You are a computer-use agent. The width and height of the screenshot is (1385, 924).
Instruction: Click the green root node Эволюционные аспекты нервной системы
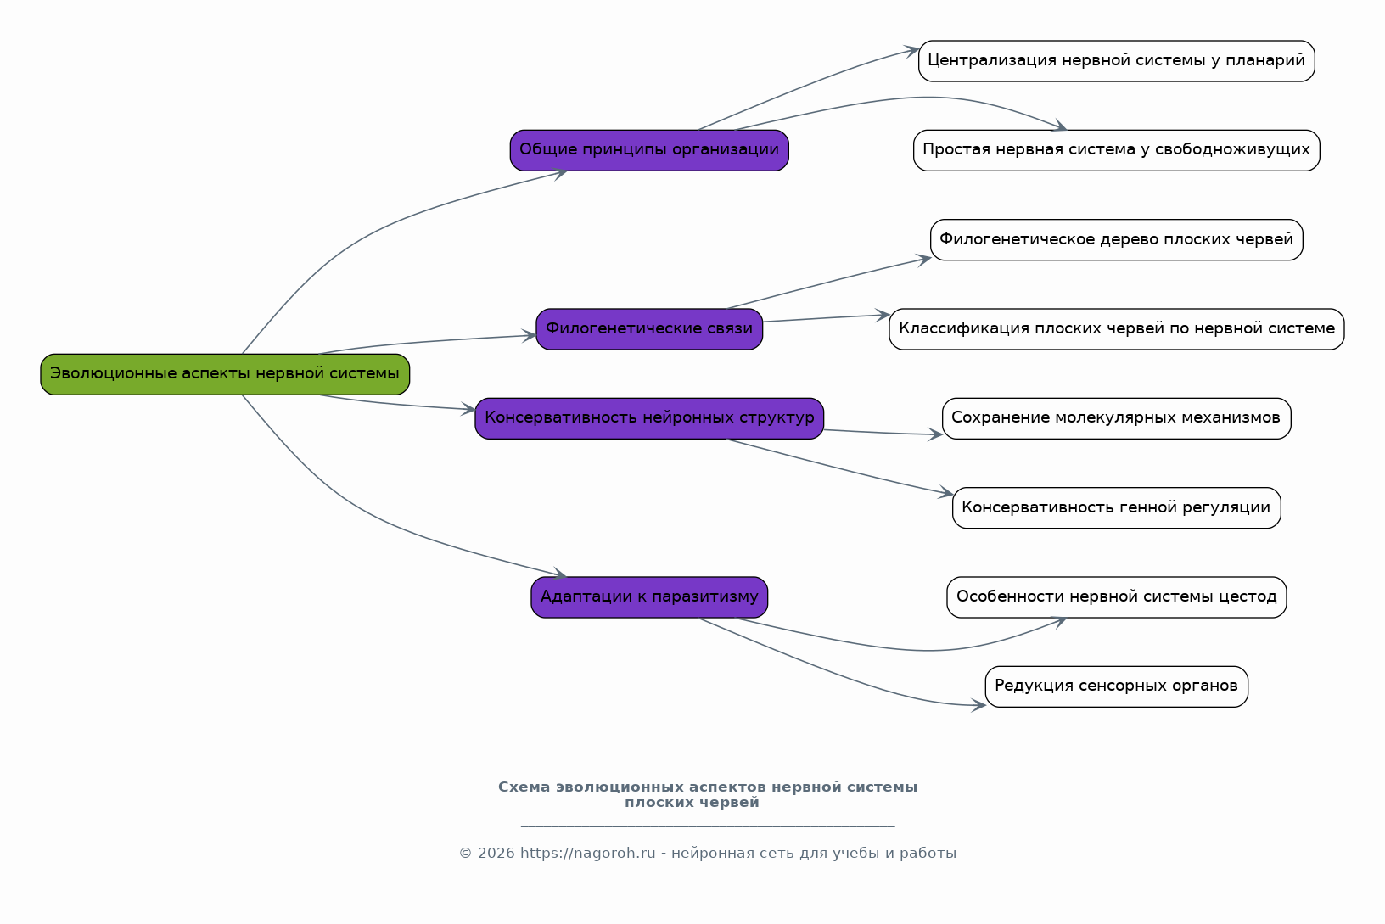click(225, 374)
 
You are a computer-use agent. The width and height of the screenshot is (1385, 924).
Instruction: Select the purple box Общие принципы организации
click(649, 150)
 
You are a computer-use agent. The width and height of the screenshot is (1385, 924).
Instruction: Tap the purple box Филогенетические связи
click(649, 329)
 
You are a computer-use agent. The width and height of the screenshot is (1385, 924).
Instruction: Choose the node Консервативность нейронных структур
click(649, 418)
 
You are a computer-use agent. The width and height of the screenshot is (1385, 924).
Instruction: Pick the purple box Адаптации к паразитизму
click(649, 597)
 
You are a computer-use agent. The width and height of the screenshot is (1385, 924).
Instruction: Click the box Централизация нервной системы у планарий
click(1117, 60)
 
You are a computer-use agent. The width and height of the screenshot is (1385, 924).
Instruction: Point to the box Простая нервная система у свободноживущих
click(1117, 150)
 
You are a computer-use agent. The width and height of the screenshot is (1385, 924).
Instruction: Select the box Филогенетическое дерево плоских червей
click(1117, 240)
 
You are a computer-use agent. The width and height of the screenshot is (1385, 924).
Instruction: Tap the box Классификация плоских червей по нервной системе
click(1117, 329)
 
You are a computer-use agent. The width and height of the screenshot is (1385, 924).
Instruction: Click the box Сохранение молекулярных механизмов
click(1117, 418)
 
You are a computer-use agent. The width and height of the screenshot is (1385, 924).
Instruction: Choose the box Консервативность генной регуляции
click(1117, 508)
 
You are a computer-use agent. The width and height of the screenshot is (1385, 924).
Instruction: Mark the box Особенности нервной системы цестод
click(1117, 597)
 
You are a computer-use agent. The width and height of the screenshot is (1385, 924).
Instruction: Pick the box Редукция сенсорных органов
click(1117, 686)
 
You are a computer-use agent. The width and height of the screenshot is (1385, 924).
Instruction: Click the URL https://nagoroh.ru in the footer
click(587, 853)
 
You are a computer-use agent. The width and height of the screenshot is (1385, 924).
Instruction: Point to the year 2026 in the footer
click(496, 853)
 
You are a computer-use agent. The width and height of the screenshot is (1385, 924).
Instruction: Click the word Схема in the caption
click(524, 787)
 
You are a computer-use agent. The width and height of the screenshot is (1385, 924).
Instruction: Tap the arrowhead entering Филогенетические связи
click(530, 336)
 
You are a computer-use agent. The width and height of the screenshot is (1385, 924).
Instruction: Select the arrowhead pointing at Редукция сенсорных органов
click(978, 704)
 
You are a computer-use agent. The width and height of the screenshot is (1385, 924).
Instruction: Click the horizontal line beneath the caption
click(708, 826)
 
